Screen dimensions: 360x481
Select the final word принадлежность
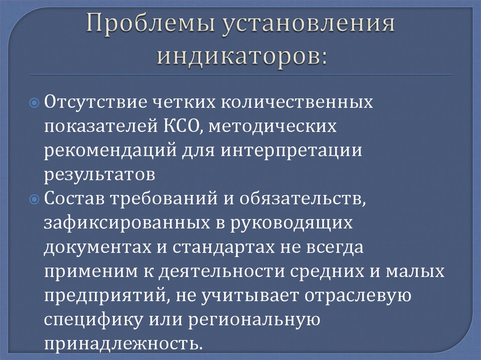[123, 345]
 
